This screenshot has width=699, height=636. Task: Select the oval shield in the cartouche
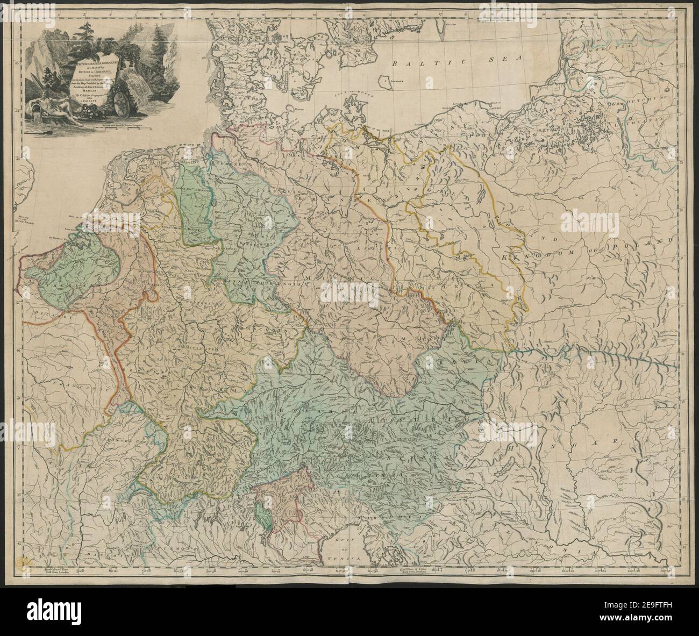pyautogui.click(x=122, y=105)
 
